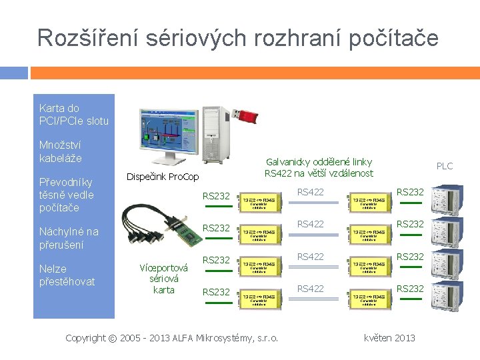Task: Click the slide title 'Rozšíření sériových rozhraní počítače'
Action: [x=238, y=37]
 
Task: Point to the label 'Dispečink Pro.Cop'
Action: [x=163, y=177]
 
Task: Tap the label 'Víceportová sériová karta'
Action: [x=163, y=279]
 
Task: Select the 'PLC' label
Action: [x=444, y=166]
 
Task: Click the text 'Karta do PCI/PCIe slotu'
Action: [x=73, y=114]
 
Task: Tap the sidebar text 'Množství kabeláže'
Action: [x=61, y=151]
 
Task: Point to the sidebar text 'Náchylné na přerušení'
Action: [x=68, y=238]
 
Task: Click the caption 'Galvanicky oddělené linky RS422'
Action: [x=319, y=167]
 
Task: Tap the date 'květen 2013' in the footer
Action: [x=389, y=338]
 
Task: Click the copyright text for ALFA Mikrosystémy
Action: [x=172, y=338]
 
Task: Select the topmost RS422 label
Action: [x=310, y=192]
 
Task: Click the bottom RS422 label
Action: [x=310, y=288]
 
